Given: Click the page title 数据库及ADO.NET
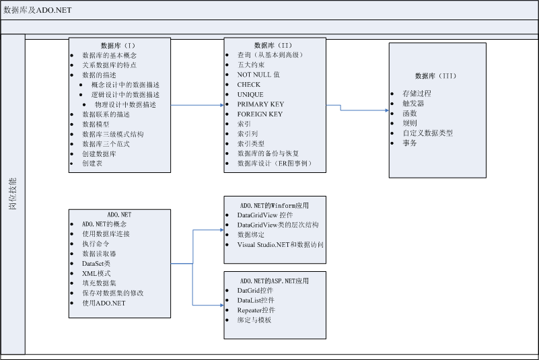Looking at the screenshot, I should (38, 10).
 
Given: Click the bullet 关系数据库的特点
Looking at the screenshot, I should (109, 65).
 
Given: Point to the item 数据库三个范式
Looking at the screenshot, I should (106, 144).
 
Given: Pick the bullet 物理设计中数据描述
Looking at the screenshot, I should (125, 104).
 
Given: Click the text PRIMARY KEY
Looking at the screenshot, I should (260, 104).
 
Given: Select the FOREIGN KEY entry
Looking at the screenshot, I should (260, 114).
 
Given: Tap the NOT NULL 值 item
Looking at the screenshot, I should (258, 75).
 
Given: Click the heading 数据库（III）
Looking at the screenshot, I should (437, 76).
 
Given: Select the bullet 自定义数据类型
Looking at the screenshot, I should (427, 133).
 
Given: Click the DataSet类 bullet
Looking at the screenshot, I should (96, 264).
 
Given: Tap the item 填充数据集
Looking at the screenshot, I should (99, 283).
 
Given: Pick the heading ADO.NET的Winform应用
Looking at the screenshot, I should (274, 205).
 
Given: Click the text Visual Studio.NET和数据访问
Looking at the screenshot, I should (280, 244).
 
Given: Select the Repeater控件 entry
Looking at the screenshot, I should (256, 310).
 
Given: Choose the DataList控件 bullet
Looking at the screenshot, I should (256, 300).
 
